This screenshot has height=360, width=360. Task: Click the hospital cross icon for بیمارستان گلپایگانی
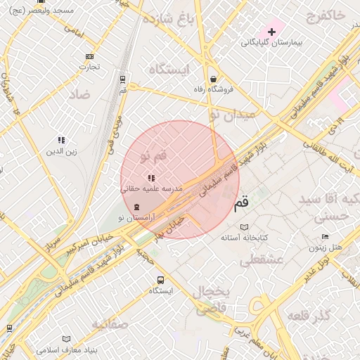coord(271,32)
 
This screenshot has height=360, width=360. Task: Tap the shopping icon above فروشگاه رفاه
coord(213,79)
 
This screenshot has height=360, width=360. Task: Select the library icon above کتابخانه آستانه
coord(245,227)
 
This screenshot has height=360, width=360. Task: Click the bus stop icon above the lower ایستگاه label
coord(161,280)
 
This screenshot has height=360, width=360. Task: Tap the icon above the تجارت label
coord(89,56)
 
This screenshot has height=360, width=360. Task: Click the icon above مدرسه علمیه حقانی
coord(151,178)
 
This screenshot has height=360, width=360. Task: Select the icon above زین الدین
coord(61,140)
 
